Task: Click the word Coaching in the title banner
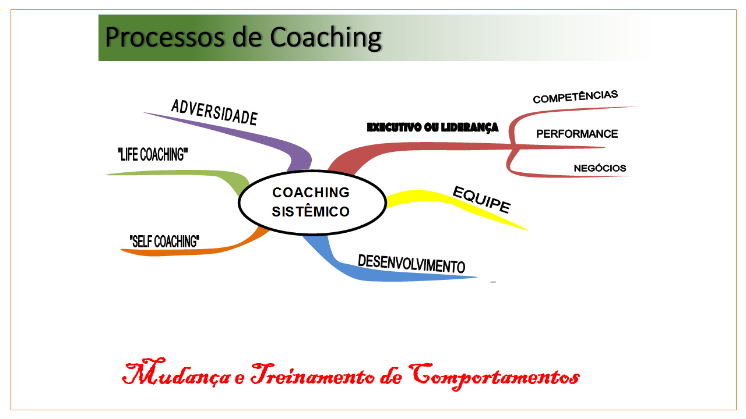tap(326, 37)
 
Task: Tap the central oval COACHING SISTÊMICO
tap(311, 202)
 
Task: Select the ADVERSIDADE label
tap(214, 112)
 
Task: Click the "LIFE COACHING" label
tap(153, 155)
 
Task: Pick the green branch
tap(192, 173)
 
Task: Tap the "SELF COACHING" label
tap(164, 241)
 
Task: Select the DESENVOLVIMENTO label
tap(411, 264)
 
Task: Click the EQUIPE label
tap(481, 199)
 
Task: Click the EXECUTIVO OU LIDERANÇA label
tap(432, 127)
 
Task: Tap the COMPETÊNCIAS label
tap(575, 97)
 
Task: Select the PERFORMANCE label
tap(577, 134)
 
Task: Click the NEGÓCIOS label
tap(600, 168)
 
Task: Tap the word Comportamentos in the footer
tap(495, 375)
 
